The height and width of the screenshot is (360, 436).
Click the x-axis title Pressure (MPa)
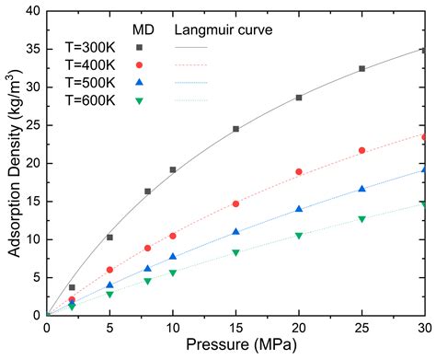tap(235, 347)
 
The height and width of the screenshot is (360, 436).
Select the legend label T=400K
tap(89, 65)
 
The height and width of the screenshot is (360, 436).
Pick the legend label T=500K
tap(89, 83)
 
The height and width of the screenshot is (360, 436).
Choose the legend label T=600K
tap(89, 101)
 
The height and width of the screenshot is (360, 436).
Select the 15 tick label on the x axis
tap(235, 329)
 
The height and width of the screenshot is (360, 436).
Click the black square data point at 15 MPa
tap(235, 129)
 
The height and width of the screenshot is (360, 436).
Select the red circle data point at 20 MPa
tap(299, 171)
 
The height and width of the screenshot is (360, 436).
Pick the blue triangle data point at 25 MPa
tap(361, 189)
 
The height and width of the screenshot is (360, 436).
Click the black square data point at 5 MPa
tap(109, 237)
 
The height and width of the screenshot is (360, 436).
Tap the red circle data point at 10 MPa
tap(173, 236)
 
